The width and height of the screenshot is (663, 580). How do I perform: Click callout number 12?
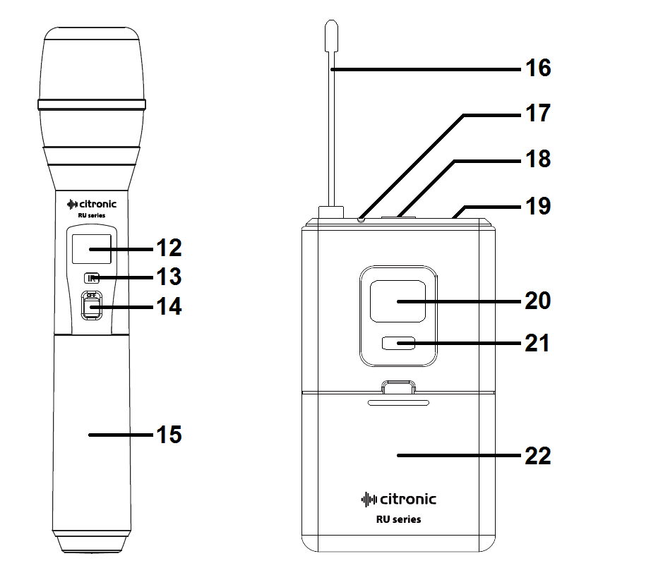(x=168, y=248)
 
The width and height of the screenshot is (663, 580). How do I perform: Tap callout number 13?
(x=168, y=276)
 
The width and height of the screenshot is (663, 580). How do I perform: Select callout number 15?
(x=168, y=435)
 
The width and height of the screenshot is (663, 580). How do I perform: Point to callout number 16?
(x=537, y=68)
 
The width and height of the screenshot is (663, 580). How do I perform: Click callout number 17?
(x=537, y=114)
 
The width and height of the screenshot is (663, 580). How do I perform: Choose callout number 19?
(x=537, y=207)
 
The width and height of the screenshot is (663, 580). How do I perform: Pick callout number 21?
(x=537, y=344)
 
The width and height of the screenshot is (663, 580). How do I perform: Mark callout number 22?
(x=537, y=456)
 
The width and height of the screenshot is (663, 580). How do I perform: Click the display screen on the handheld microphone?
(x=92, y=249)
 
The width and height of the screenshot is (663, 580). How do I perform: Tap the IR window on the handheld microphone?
(x=91, y=278)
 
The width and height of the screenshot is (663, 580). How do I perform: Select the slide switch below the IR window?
(x=91, y=306)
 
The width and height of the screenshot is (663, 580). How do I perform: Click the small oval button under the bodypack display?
(x=398, y=344)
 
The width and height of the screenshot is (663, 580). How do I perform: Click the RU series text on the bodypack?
(x=398, y=519)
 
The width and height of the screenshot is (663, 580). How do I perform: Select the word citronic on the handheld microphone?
(x=95, y=205)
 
